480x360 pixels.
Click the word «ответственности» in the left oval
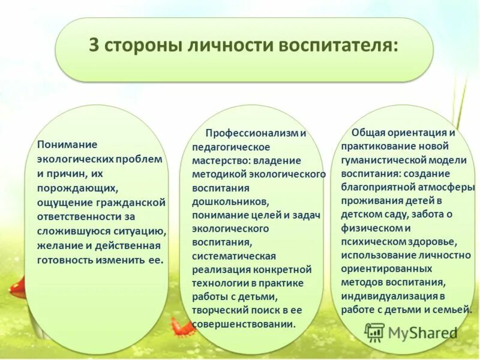76,217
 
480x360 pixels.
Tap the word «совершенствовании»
244,324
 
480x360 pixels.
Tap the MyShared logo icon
374,332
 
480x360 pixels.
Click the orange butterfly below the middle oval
181,328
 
